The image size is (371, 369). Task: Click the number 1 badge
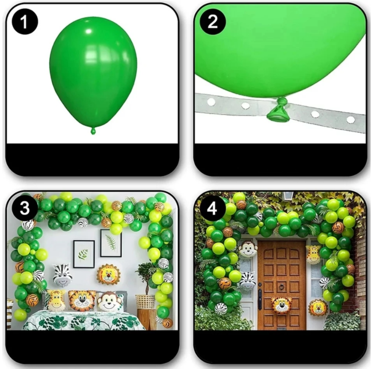25,22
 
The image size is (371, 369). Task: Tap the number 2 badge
213,22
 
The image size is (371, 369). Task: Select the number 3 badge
25,208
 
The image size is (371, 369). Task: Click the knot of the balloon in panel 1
93,131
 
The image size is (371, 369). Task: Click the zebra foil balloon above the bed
62,275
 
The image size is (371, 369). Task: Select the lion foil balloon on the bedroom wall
108,274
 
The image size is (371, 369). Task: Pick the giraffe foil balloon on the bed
56,300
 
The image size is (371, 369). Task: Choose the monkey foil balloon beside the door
248,248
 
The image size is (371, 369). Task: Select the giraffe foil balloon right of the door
313,254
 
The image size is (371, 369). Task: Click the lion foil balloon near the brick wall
318,308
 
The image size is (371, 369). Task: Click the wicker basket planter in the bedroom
145,301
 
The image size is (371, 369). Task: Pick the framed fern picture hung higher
111,243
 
